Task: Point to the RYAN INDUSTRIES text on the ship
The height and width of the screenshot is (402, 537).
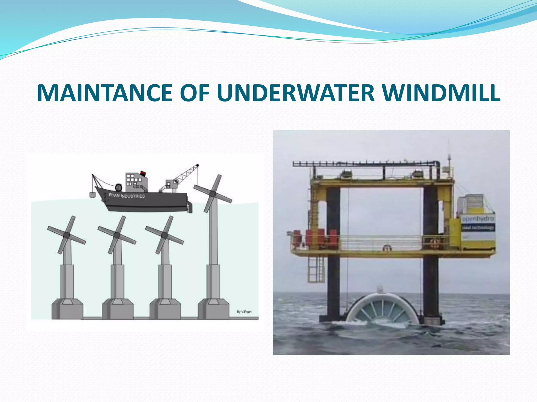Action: (127, 196)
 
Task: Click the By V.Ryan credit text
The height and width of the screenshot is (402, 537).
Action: (244, 312)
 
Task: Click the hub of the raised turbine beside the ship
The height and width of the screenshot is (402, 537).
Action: (213, 194)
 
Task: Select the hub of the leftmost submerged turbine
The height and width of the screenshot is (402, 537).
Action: (67, 235)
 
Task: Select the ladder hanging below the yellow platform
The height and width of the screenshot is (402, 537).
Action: (316, 270)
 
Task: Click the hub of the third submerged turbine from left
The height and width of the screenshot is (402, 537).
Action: (164, 235)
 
